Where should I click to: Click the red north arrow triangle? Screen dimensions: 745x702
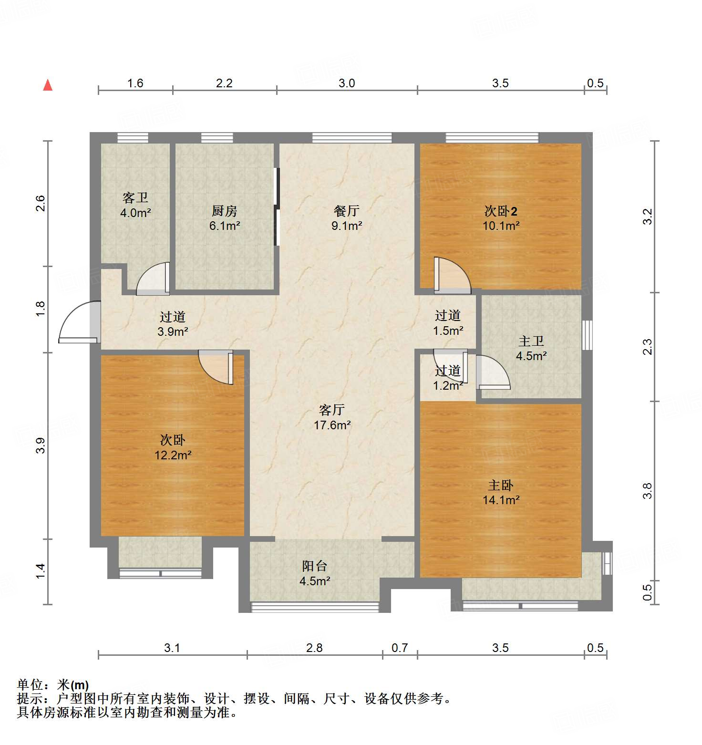tap(48, 85)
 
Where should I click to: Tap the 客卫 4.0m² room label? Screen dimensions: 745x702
tap(135, 205)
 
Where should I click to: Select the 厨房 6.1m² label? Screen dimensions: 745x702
tap(224, 218)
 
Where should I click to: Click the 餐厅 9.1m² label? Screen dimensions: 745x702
tap(347, 218)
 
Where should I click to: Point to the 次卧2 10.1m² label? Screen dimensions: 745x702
tap(501, 218)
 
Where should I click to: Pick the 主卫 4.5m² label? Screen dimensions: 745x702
tap(531, 348)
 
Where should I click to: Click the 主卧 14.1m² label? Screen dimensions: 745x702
tap(501, 492)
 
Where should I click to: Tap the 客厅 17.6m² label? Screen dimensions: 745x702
tap(332, 417)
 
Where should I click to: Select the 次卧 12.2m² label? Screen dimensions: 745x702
tap(173, 447)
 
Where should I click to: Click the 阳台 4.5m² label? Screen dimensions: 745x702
tap(315, 573)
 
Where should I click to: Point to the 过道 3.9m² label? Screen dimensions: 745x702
tap(173, 324)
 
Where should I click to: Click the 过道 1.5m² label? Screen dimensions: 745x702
tap(448, 322)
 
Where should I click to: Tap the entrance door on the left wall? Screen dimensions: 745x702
tap(79, 322)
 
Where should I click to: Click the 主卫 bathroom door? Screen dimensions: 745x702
tap(492, 372)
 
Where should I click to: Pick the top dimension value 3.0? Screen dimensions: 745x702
tap(347, 83)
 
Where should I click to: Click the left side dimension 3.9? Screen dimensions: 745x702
tap(41, 445)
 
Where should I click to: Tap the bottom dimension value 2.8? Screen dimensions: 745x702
tap(314, 648)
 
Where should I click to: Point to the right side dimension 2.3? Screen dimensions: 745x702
tap(647, 346)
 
